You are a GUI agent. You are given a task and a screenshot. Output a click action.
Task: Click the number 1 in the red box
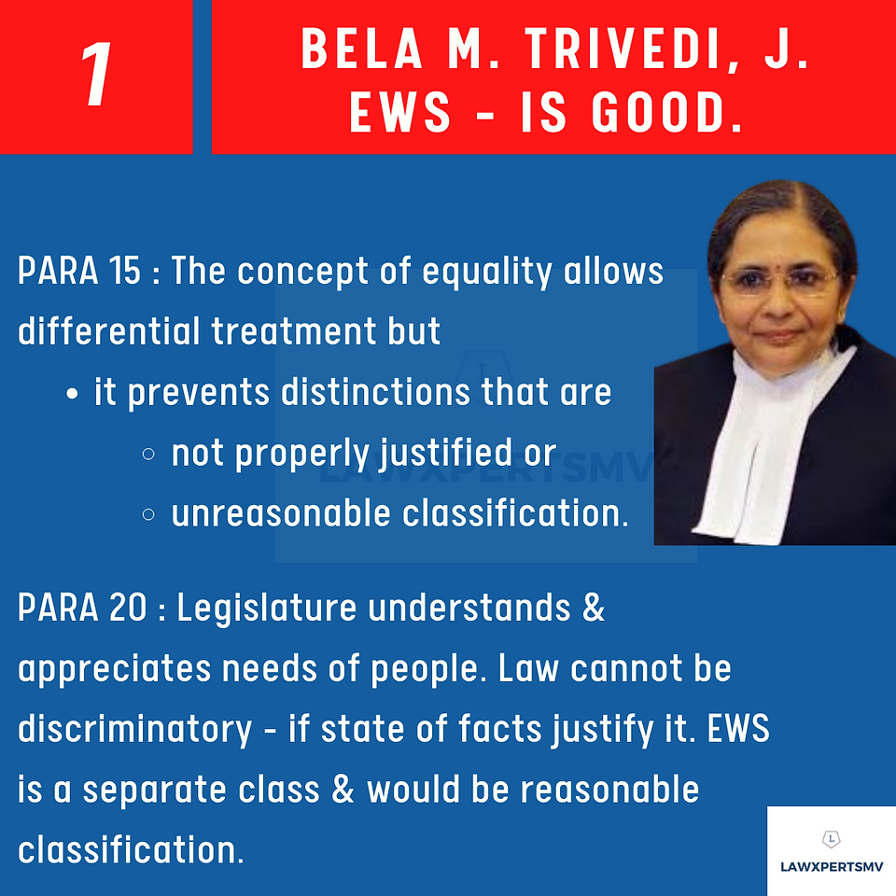tap(97, 75)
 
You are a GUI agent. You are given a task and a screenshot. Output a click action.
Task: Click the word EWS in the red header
tap(400, 113)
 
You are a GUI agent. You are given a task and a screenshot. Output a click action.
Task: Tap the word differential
tap(108, 330)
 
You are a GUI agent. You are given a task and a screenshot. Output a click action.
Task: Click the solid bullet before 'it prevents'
tap(72, 394)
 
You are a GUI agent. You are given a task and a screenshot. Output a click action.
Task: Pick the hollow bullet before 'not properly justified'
tap(148, 455)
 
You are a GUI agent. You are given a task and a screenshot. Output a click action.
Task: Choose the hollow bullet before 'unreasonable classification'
tap(148, 515)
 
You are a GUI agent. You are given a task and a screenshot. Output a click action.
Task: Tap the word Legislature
tap(267, 608)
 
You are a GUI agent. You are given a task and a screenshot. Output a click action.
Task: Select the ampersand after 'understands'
tap(594, 607)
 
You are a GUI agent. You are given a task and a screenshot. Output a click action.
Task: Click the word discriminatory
tap(134, 730)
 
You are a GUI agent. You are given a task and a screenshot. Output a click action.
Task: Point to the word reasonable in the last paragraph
tap(609, 790)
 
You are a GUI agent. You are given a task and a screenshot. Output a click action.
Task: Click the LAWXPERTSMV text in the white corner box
tap(832, 867)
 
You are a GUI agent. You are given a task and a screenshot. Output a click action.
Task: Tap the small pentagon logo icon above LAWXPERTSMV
tap(832, 839)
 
